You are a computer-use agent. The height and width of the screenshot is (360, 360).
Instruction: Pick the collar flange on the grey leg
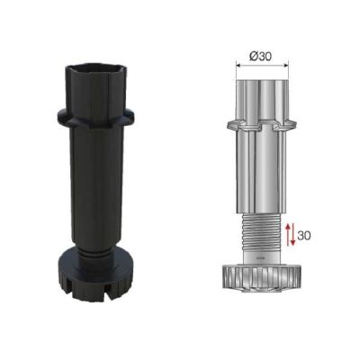[x=260, y=122]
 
